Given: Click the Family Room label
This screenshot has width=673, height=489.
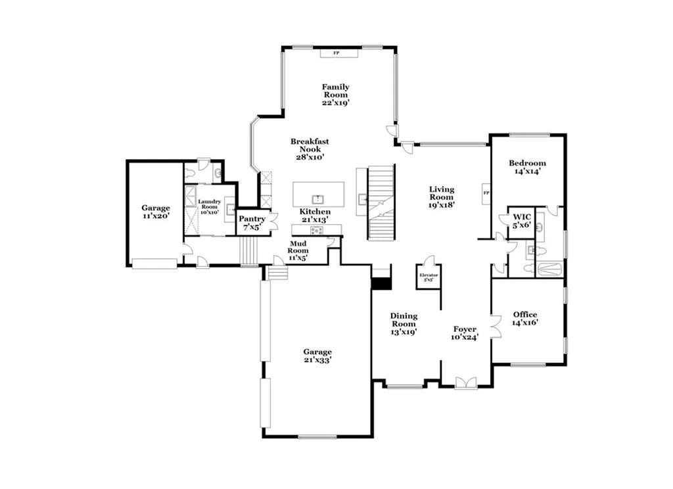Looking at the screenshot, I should pyautogui.click(x=335, y=95).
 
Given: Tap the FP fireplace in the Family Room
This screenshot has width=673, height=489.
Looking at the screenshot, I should pyautogui.click(x=338, y=53).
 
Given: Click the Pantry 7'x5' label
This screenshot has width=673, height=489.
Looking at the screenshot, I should pyautogui.click(x=252, y=223).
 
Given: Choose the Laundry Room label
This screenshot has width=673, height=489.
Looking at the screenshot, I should pyautogui.click(x=210, y=206).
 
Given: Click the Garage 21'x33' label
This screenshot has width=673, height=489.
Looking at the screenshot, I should pyautogui.click(x=317, y=356).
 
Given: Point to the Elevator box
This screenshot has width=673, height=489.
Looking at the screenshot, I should pyautogui.click(x=428, y=276).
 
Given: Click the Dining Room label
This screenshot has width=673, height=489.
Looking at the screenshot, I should pyautogui.click(x=404, y=324).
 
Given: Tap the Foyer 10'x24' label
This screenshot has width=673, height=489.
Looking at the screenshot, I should pyautogui.click(x=465, y=333).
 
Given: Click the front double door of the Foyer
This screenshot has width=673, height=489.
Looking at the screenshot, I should pyautogui.click(x=466, y=383).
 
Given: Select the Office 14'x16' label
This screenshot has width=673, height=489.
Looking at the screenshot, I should pyautogui.click(x=524, y=319).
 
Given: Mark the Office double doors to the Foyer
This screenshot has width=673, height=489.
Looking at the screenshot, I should pyautogui.click(x=495, y=325).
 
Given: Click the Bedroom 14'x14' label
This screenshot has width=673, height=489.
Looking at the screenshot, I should pyautogui.click(x=527, y=167).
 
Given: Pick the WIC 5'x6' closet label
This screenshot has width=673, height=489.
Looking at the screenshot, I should pyautogui.click(x=522, y=220).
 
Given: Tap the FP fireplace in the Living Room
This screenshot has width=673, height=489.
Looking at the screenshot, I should pyautogui.click(x=486, y=193).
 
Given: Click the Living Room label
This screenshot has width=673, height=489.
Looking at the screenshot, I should pyautogui.click(x=442, y=197).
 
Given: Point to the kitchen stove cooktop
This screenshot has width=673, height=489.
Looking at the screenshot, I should pyautogui.click(x=316, y=229).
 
